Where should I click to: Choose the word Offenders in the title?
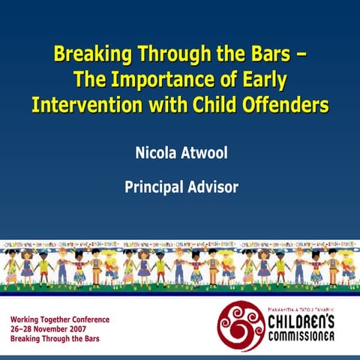coord(286,104)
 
